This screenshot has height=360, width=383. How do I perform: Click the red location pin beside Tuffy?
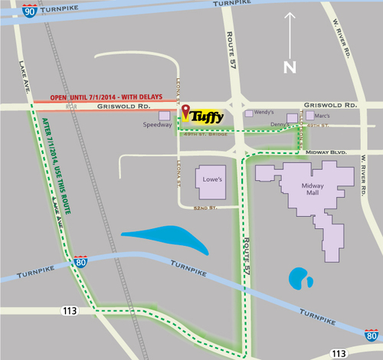coord(185,112)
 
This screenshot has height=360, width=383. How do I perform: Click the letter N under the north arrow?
coord(290,67)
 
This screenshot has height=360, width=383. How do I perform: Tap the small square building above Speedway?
coord(164,115)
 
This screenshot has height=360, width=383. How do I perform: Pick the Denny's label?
coord(283,124)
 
